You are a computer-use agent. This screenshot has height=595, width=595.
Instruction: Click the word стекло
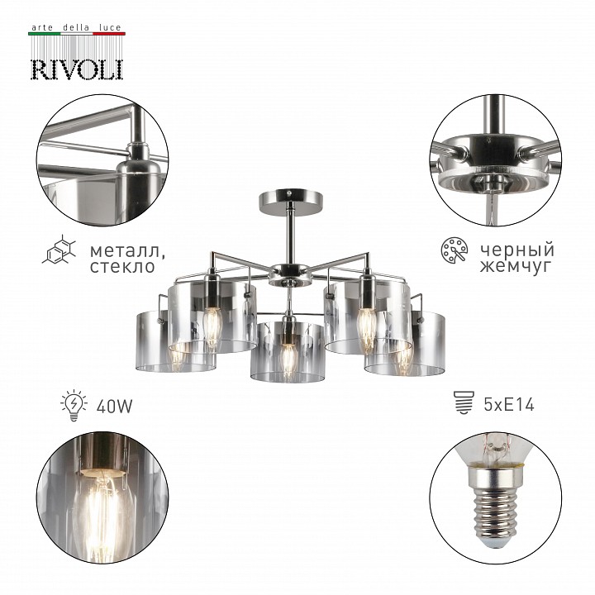point(121,267)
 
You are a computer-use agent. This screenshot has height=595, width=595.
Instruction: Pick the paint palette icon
point(453,250)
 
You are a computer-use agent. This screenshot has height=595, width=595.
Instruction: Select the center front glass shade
point(286,352)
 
